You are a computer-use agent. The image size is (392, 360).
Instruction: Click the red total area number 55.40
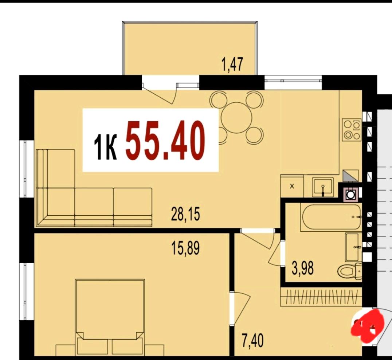(x=165, y=140)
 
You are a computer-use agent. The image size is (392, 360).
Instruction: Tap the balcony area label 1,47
(x=232, y=64)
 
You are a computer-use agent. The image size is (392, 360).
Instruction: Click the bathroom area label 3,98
(x=302, y=268)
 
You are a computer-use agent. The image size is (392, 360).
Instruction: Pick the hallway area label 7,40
(x=252, y=341)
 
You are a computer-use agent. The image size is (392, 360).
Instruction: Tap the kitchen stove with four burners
(x=352, y=129)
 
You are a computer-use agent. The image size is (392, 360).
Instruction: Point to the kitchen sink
(x=323, y=187)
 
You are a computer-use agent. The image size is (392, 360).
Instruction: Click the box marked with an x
(x=292, y=186)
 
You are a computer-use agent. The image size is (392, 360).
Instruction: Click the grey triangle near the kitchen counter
(x=350, y=175)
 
